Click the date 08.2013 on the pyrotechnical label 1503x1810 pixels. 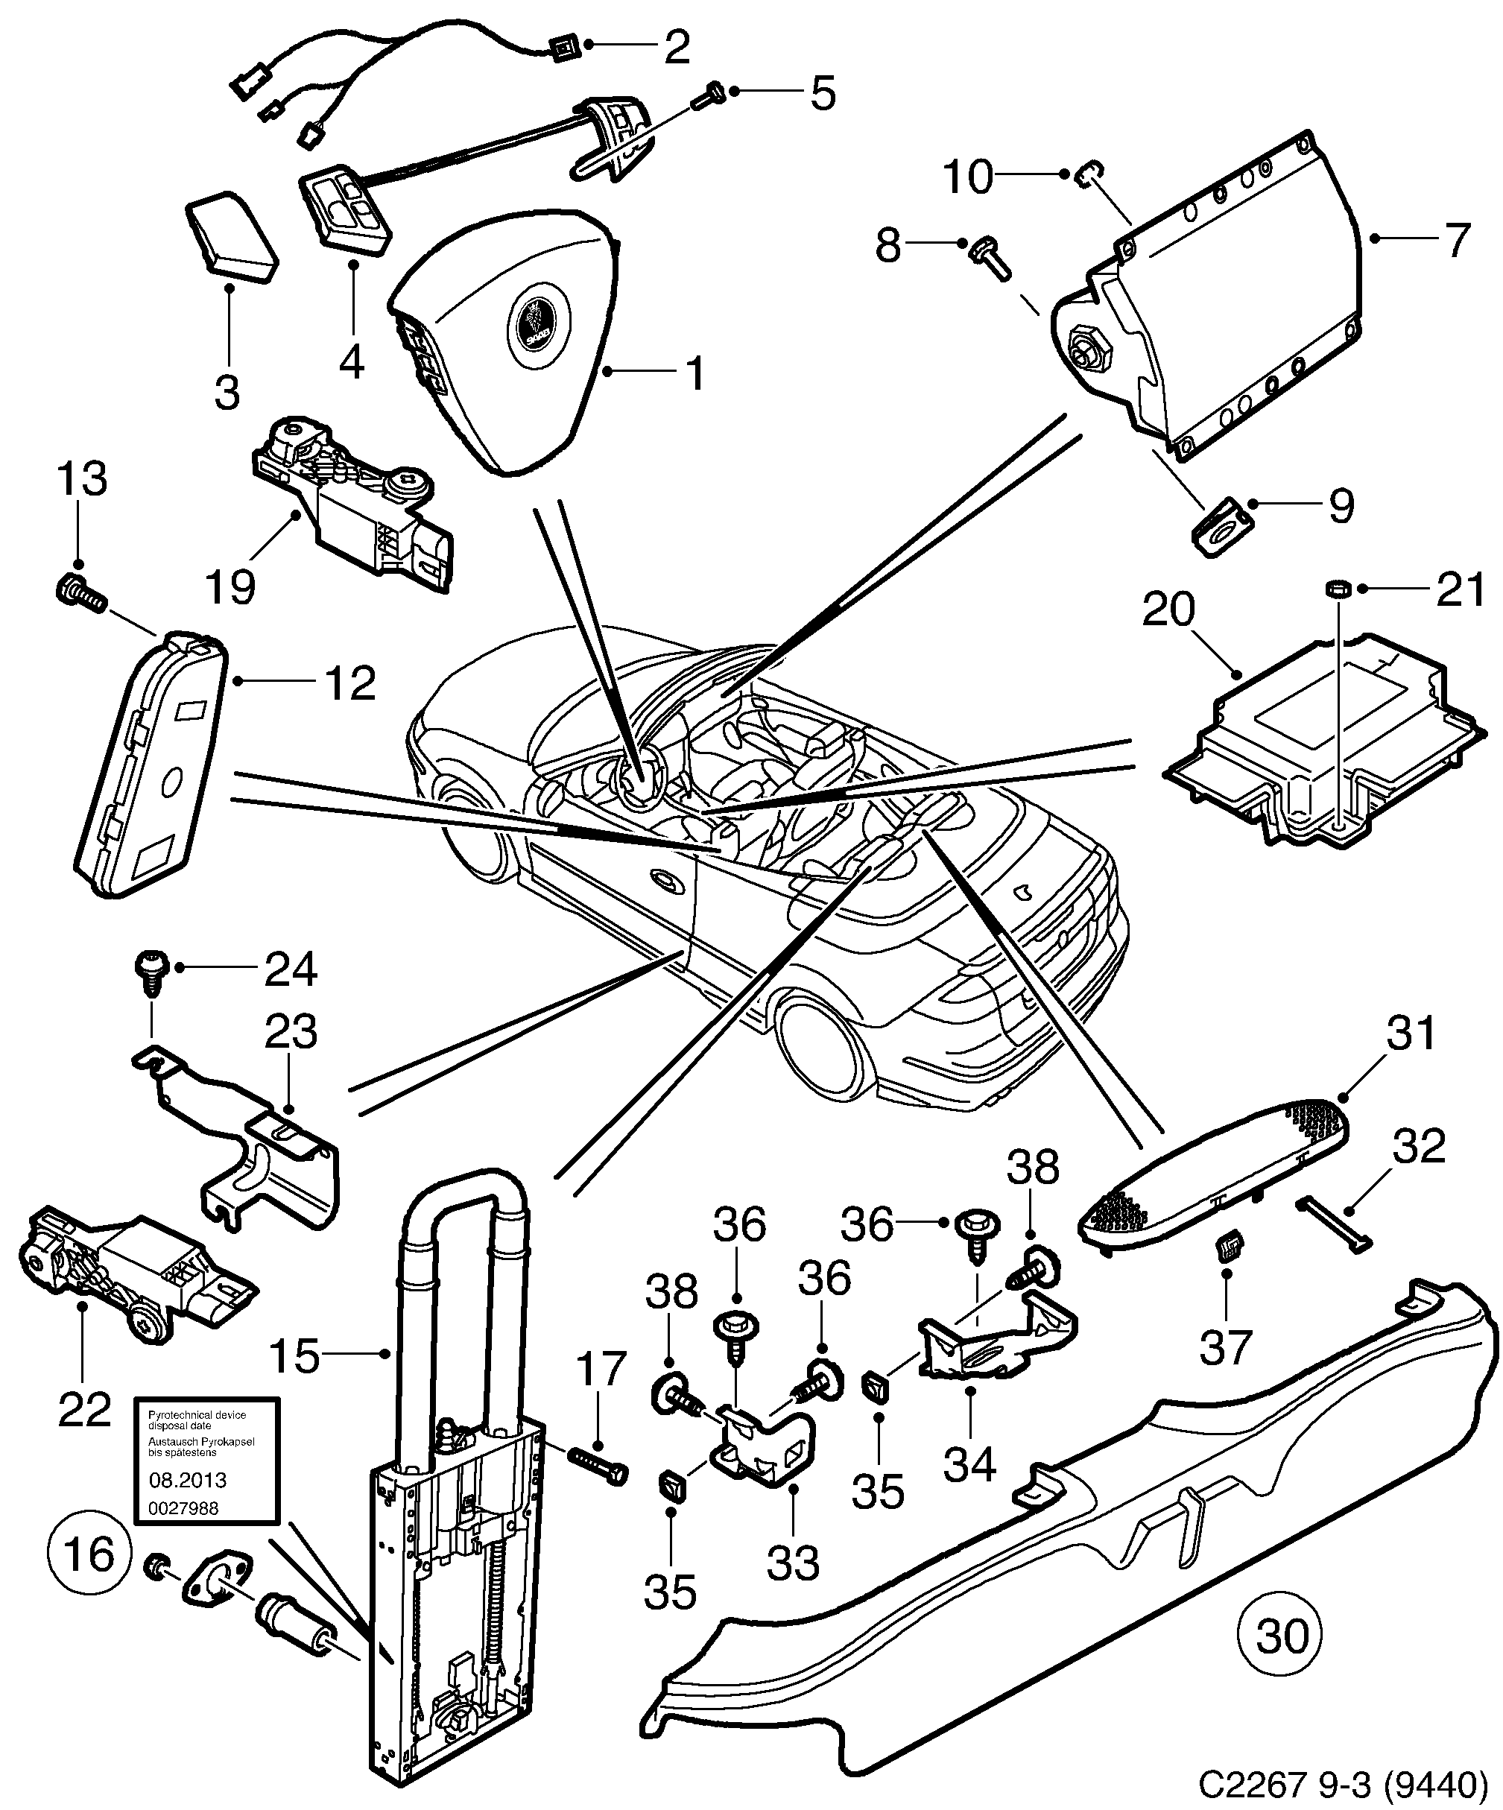point(188,1480)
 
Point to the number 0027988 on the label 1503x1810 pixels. point(184,1507)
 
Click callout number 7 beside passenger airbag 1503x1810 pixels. point(1455,240)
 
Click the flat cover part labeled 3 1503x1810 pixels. point(231,236)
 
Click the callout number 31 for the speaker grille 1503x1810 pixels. point(1410,1033)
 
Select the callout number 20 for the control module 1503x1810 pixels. point(1168,610)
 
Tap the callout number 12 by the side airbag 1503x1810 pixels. point(350,683)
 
